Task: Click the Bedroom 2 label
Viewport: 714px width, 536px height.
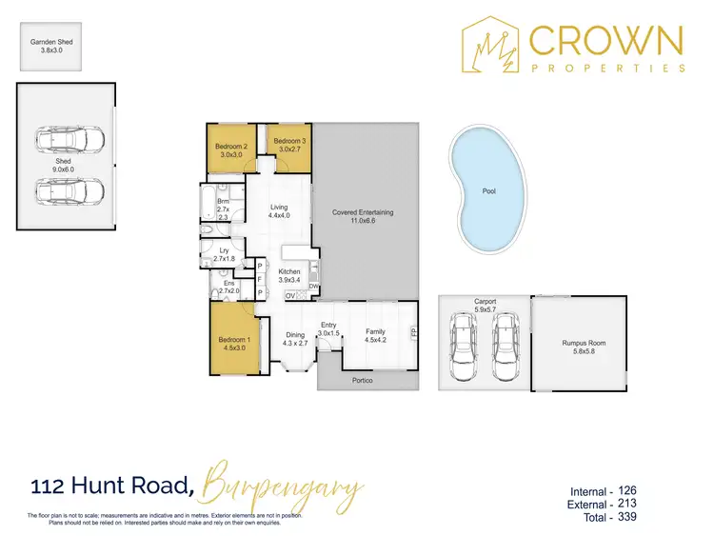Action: (230, 146)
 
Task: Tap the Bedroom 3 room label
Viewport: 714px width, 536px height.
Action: (288, 141)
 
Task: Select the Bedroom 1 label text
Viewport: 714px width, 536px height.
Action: (234, 340)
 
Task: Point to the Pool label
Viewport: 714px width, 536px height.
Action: (488, 191)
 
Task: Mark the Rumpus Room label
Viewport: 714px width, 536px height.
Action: (584, 343)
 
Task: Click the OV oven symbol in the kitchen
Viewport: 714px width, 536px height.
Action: (291, 296)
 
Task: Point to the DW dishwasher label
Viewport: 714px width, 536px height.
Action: (312, 288)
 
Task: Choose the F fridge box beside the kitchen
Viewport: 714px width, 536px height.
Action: (260, 280)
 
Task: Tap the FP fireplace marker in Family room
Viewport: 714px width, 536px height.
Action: (412, 333)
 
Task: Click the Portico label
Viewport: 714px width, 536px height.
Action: (362, 381)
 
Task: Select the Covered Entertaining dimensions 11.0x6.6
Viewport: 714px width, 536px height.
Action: (363, 222)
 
